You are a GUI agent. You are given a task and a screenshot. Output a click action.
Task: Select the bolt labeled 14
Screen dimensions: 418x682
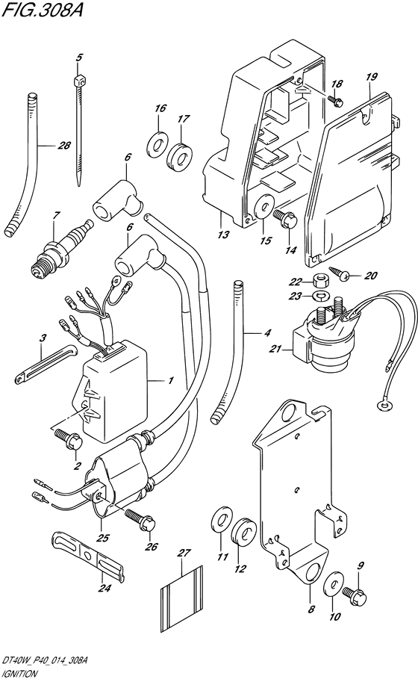pyautogui.click(x=285, y=218)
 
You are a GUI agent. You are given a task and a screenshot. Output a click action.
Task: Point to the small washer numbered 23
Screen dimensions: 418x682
pyautogui.click(x=321, y=297)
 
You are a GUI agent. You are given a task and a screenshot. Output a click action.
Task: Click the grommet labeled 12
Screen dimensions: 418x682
pyautogui.click(x=243, y=530)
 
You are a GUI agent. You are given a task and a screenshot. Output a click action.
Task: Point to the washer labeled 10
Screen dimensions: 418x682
pyautogui.click(x=333, y=583)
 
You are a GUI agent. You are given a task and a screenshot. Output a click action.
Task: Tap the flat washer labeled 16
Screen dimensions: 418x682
pyautogui.click(x=157, y=144)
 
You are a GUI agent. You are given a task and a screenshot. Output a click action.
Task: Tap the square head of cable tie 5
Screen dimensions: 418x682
pyautogui.click(x=78, y=81)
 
